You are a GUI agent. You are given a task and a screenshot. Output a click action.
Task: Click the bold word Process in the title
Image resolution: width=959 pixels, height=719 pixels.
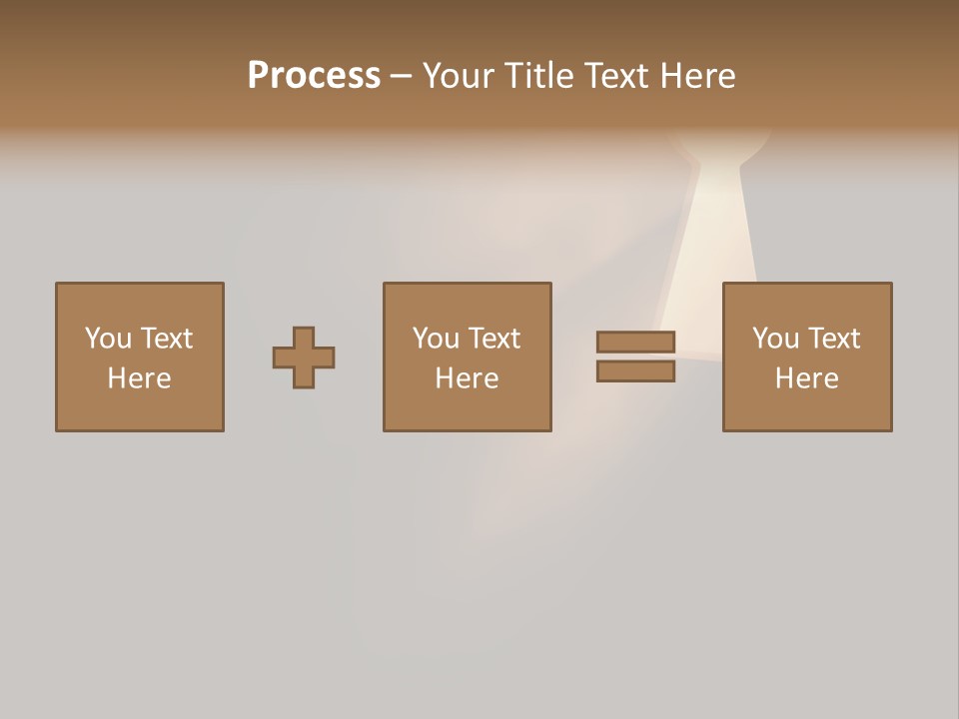point(314,76)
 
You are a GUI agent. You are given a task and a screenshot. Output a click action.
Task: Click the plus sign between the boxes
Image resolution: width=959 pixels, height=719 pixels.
point(304,358)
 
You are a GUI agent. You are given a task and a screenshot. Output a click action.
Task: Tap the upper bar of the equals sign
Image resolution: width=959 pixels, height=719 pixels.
point(635,342)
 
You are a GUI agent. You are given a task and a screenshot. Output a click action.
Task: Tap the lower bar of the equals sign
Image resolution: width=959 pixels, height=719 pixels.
point(635,371)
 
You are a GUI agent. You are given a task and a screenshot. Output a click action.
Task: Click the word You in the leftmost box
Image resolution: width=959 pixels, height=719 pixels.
point(107,339)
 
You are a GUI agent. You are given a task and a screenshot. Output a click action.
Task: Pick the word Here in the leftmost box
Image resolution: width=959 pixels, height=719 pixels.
point(139,378)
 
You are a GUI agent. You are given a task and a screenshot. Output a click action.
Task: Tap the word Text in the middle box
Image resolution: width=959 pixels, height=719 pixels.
point(493,339)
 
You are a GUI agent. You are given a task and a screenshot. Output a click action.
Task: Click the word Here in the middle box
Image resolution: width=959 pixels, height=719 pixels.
point(467,378)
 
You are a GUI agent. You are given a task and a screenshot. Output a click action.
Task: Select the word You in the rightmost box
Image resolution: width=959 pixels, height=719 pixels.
point(774,339)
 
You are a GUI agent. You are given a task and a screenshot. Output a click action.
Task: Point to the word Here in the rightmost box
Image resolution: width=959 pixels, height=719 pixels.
point(806,378)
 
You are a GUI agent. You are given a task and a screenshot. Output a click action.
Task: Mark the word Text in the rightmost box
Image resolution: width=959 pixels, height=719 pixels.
point(833,339)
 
